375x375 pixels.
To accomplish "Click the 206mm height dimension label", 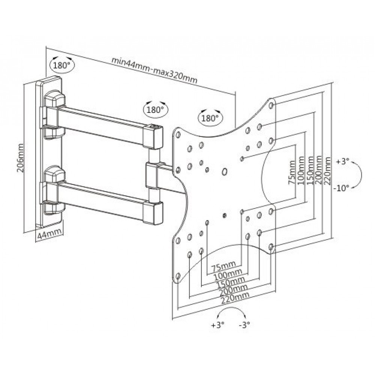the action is (x=20, y=158).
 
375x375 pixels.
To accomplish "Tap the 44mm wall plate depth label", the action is (x=49, y=234).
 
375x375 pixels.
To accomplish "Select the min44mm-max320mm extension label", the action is (x=154, y=70).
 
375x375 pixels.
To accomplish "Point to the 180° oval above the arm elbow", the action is (x=156, y=110).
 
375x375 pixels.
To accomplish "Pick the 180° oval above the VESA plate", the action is (x=210, y=118).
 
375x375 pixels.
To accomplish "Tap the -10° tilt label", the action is (x=340, y=188).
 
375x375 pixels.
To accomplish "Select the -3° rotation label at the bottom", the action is (x=244, y=325).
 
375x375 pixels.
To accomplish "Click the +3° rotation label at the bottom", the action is (x=217, y=325).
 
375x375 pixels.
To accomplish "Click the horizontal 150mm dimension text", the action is (x=231, y=282).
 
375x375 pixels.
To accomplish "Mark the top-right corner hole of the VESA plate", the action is (x=271, y=105).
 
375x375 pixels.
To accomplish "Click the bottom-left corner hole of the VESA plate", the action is (x=178, y=277).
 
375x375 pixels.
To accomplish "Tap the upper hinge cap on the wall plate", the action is (x=54, y=99).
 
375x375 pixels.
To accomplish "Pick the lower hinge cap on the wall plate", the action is (x=54, y=174).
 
